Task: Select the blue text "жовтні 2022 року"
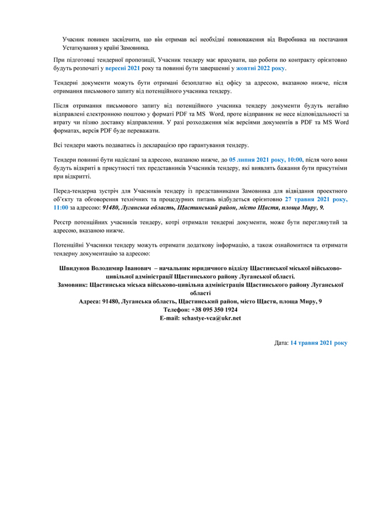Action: click(x=261, y=68)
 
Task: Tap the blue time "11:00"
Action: click(x=60, y=207)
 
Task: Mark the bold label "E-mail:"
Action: click(x=170, y=317)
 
